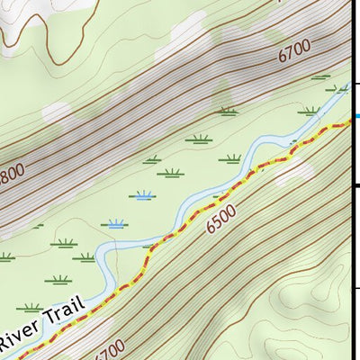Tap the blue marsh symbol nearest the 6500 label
(x=141, y=194)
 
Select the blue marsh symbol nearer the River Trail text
(x=115, y=223)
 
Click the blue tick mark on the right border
(x=356, y=115)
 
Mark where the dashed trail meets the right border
(x=349, y=124)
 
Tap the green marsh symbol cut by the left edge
(x=4, y=256)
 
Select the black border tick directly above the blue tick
(x=356, y=84)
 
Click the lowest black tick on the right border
(x=356, y=288)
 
